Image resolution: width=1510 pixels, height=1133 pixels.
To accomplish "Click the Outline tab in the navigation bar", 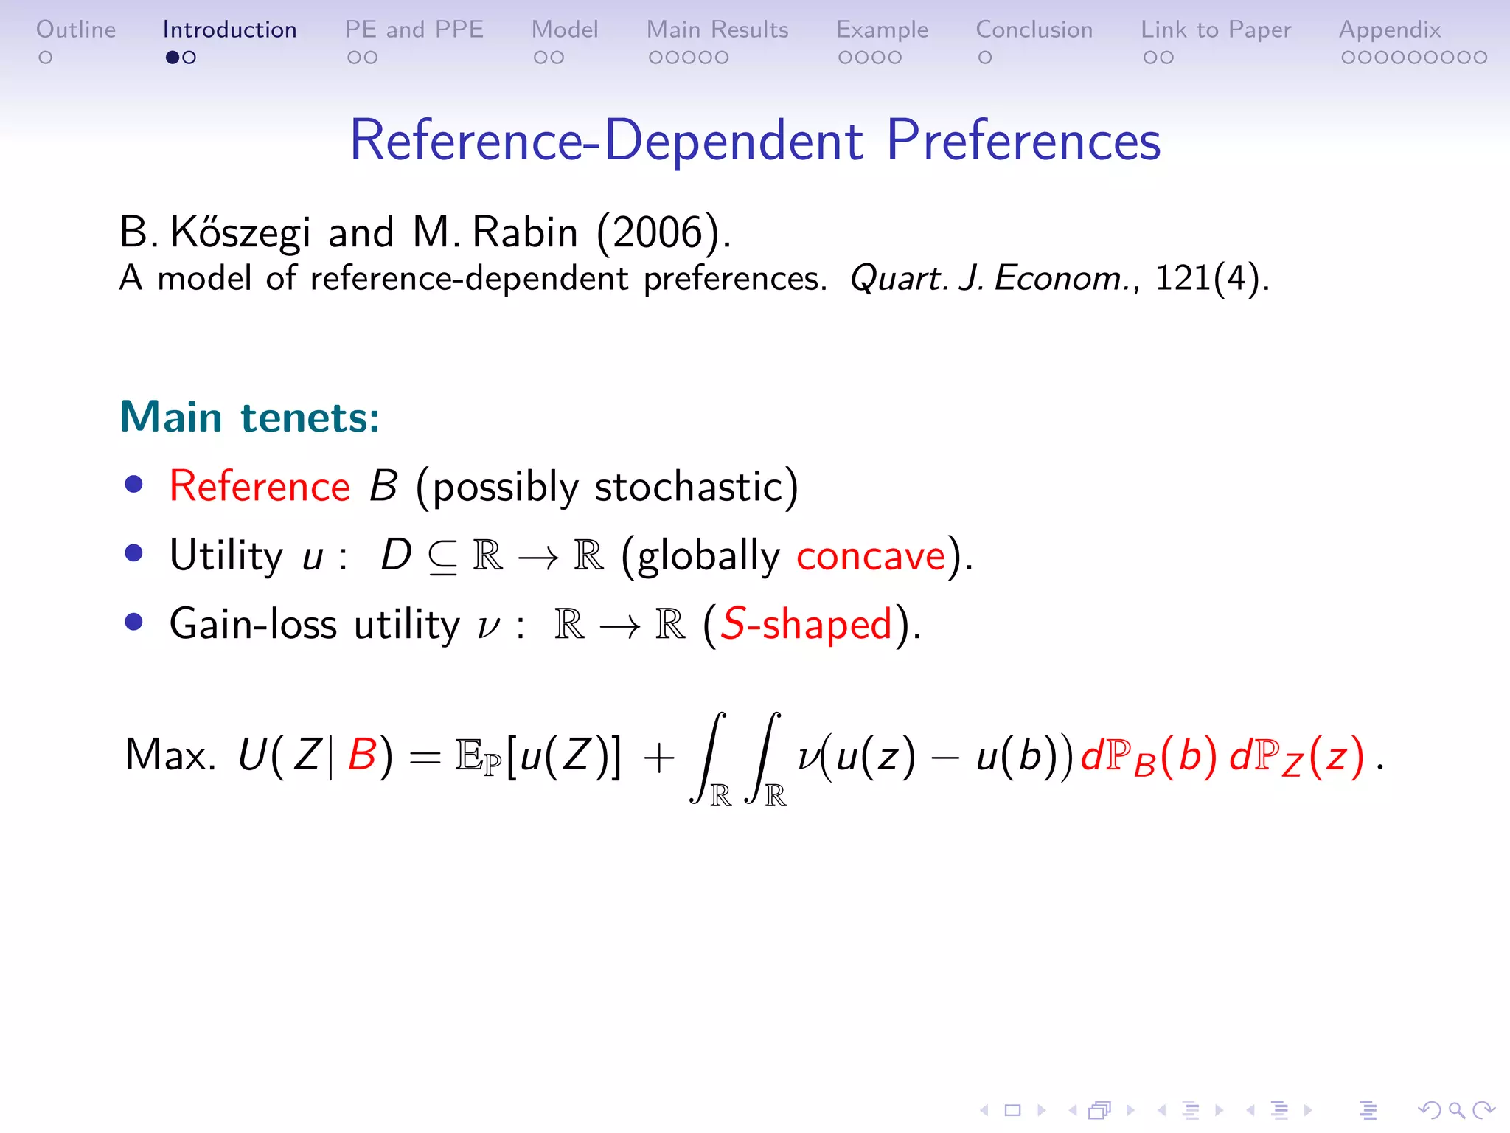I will [x=76, y=30].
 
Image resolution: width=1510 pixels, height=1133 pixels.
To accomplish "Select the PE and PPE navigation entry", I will [x=414, y=30].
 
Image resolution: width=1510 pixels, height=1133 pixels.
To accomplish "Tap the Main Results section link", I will [x=717, y=30].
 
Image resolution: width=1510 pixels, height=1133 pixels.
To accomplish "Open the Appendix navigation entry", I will [x=1390, y=30].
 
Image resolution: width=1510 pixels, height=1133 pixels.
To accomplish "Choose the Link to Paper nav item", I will [x=1216, y=30].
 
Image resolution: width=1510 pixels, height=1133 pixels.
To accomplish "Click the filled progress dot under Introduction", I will [x=173, y=58].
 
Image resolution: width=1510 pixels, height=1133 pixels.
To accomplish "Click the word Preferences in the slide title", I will [x=1023, y=140].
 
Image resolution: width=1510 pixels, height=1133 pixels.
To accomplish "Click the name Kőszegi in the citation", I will [x=240, y=232].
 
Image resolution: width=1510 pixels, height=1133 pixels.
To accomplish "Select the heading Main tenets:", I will [x=249, y=417].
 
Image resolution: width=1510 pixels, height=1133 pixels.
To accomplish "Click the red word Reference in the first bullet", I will [x=260, y=487].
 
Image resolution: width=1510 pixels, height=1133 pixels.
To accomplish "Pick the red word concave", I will [x=871, y=556].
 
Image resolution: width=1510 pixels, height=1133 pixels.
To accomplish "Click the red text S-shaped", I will [x=806, y=624].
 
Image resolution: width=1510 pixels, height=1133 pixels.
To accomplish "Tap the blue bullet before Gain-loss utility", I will [x=133, y=622].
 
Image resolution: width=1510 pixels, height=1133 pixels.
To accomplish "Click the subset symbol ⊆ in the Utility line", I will [x=442, y=558].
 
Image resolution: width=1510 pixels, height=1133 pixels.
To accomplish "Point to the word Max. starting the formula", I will [x=170, y=755].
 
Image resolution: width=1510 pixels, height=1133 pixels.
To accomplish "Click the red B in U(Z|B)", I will [x=362, y=755].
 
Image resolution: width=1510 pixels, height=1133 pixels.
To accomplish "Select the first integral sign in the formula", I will [x=709, y=757].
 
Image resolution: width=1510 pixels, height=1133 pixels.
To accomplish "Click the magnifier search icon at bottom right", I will [x=1456, y=1110].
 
